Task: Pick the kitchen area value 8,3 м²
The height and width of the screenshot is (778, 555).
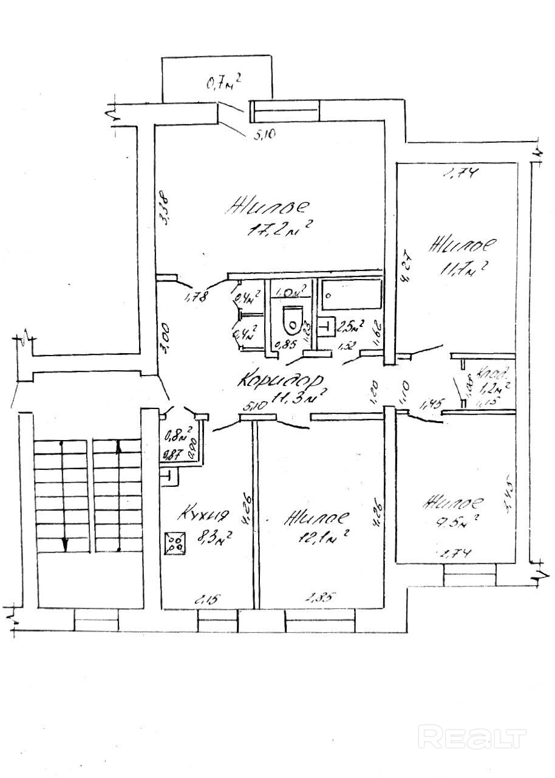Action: [209, 537]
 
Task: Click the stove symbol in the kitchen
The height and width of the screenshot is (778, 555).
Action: [175, 542]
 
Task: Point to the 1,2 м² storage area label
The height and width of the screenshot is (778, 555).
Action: [492, 385]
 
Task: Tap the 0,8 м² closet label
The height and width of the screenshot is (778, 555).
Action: [179, 435]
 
